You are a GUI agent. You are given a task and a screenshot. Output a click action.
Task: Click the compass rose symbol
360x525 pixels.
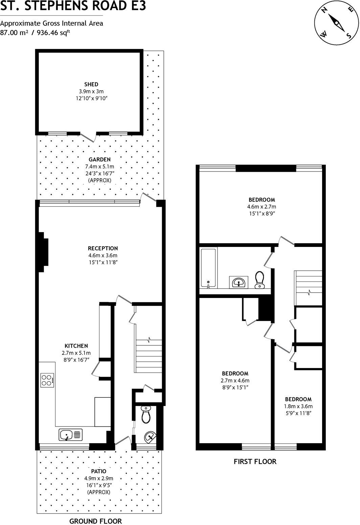336,23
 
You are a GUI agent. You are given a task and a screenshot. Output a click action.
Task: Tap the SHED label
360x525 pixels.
91,84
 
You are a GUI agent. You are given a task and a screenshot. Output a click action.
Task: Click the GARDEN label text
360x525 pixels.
99,159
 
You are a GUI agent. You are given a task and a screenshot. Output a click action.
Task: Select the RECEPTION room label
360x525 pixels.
103,248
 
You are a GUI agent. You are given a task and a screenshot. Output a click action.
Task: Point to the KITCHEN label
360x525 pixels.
76,346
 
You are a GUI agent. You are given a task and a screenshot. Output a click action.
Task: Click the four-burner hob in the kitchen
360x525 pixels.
47,380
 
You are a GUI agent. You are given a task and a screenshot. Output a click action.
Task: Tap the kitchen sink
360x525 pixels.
70,435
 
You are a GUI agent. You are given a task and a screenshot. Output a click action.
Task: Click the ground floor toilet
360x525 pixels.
146,414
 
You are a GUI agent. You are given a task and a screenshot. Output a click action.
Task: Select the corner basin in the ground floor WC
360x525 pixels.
149,437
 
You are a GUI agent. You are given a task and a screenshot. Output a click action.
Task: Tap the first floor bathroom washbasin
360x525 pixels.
239,282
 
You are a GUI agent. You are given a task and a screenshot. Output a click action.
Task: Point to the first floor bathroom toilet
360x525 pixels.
260,279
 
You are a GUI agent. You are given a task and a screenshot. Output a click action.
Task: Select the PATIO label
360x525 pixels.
98,471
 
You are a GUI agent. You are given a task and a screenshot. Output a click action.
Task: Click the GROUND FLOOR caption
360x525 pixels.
95,521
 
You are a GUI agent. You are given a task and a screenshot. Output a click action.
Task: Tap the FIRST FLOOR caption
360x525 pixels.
255,461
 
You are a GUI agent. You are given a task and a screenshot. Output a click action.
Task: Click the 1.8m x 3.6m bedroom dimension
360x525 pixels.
298,406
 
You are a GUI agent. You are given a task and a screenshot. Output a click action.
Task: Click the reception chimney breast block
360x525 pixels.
42,252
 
